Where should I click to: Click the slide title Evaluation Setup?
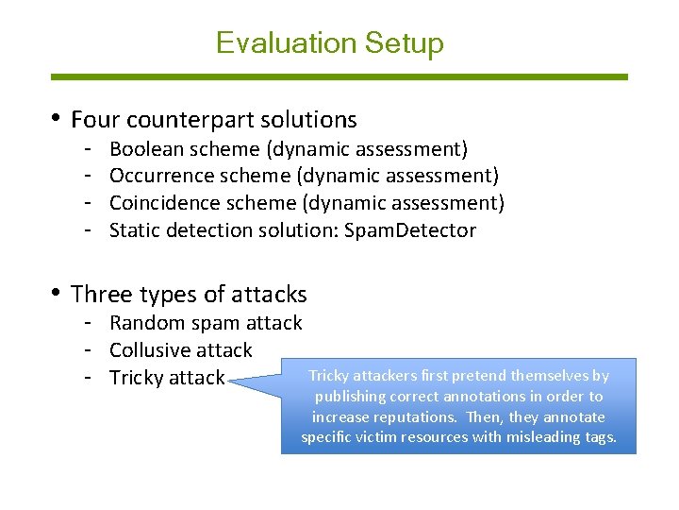click(x=329, y=43)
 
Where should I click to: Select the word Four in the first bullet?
click(x=91, y=120)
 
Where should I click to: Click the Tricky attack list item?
click(x=167, y=378)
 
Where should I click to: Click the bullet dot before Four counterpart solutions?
click(x=58, y=118)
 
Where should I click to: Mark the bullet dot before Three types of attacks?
click(x=58, y=293)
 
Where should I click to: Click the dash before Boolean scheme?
click(x=86, y=149)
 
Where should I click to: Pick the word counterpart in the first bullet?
click(x=173, y=121)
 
